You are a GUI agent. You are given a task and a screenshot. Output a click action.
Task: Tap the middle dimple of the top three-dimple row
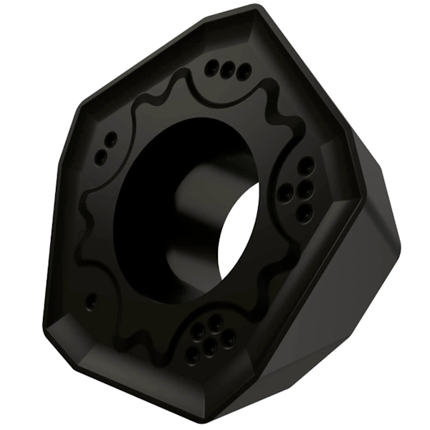coord(228,70)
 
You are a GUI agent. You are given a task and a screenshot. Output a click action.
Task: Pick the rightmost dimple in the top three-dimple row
coord(243,72)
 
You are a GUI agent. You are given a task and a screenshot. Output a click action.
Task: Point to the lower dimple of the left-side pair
coord(102,155)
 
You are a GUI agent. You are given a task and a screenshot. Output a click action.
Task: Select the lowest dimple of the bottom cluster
coord(192,356)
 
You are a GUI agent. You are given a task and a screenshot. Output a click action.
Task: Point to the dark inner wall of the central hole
coord(158,208)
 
